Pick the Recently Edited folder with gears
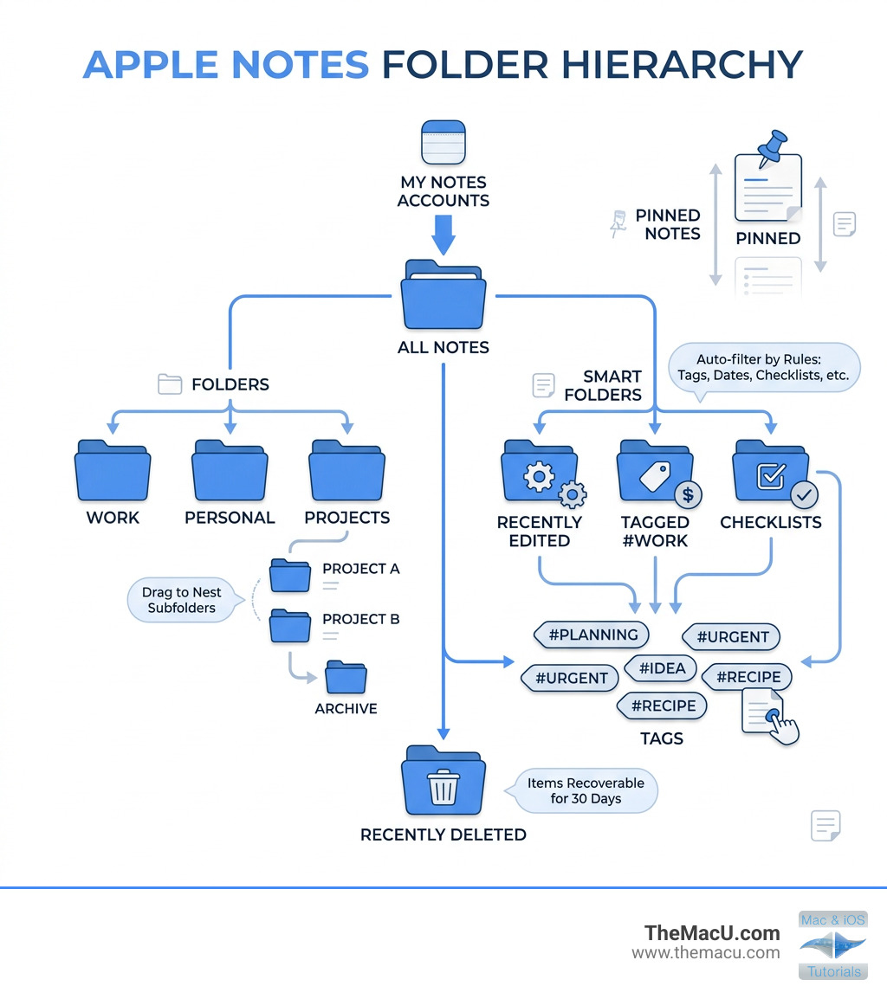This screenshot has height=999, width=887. point(539,472)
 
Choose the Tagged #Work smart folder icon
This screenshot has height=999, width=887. point(655,472)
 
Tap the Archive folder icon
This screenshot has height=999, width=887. point(346,677)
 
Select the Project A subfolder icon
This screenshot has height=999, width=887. point(289,575)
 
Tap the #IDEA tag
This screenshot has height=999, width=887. point(661,667)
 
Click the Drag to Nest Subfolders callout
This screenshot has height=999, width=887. point(182,600)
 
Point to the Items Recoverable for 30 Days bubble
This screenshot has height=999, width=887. point(586,790)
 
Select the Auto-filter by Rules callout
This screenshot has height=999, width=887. point(766,368)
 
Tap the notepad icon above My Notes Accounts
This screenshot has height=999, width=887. point(443,143)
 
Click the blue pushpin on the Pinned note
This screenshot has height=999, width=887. point(772,145)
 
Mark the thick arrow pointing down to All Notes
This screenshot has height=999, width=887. point(443,233)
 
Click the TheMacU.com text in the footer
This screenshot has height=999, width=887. point(712,933)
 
